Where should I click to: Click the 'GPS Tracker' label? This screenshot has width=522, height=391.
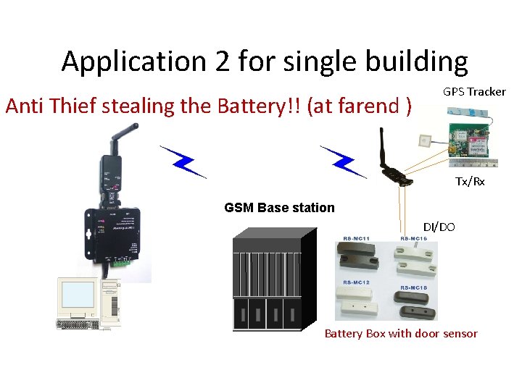pos(474,92)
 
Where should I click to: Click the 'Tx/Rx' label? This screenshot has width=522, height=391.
pos(470,182)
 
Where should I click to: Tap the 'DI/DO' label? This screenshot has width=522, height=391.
pos(439,227)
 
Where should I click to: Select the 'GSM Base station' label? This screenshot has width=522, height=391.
pos(279,208)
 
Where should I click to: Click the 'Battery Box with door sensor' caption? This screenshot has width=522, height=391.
pos(401,334)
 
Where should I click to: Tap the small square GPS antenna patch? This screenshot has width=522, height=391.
pos(427,139)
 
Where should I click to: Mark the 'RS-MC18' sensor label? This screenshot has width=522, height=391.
pos(413,288)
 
